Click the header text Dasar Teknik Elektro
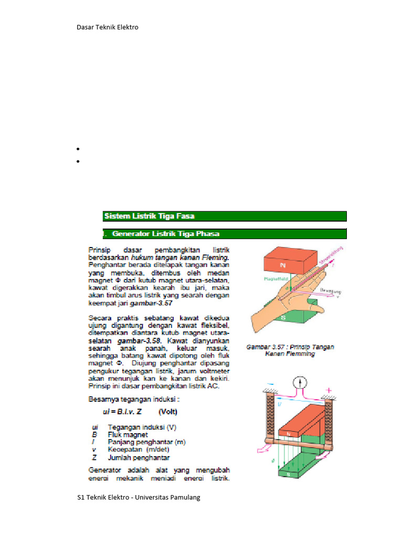(x=108, y=27)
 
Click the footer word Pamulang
(x=183, y=497)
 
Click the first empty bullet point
(x=78, y=149)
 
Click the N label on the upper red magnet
(x=283, y=266)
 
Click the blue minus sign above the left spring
(x=270, y=384)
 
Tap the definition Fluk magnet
(x=128, y=434)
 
